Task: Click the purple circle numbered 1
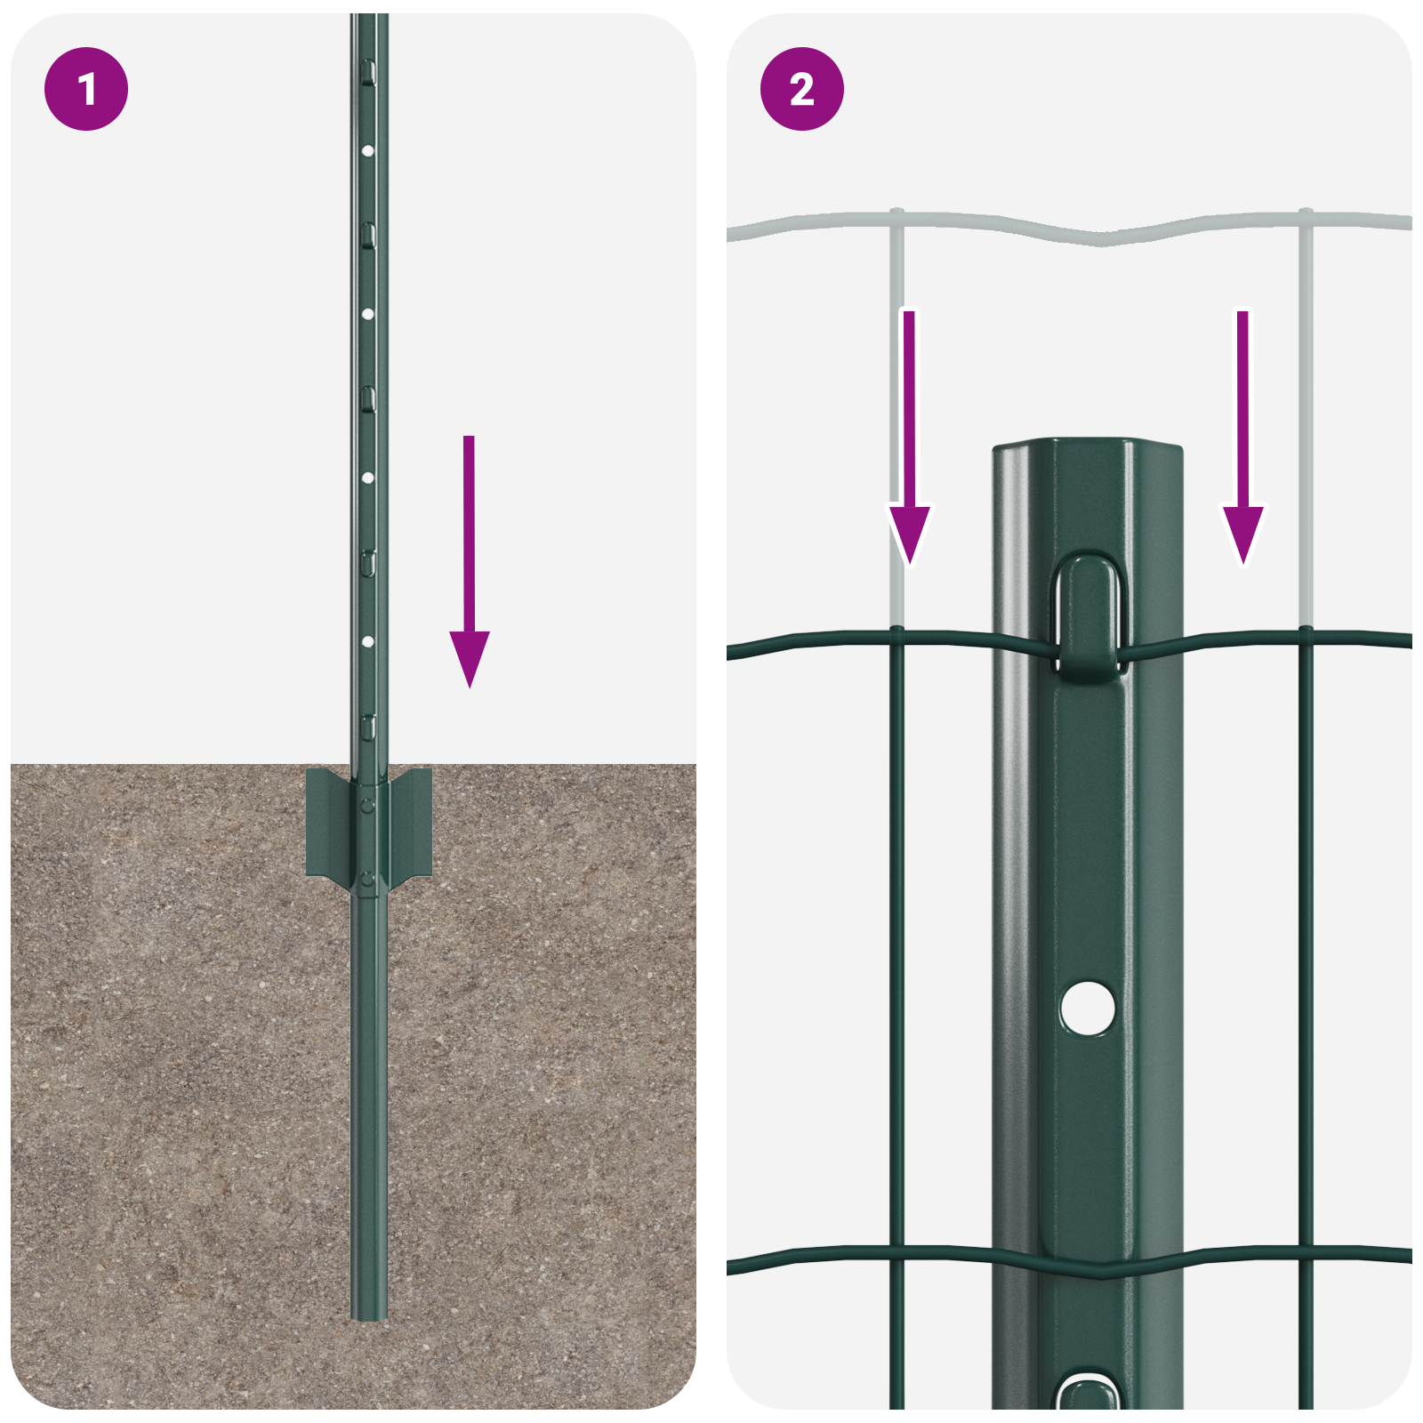86,89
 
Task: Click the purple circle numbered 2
801,89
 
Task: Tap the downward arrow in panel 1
469,569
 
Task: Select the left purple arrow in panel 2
909,445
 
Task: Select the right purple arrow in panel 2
1242,445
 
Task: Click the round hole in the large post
1088,1008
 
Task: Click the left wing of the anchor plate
326,823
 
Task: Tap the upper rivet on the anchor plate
367,805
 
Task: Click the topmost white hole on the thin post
367,150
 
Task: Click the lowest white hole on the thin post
367,640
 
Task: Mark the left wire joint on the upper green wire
896,633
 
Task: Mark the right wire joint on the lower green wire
1306,1250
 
